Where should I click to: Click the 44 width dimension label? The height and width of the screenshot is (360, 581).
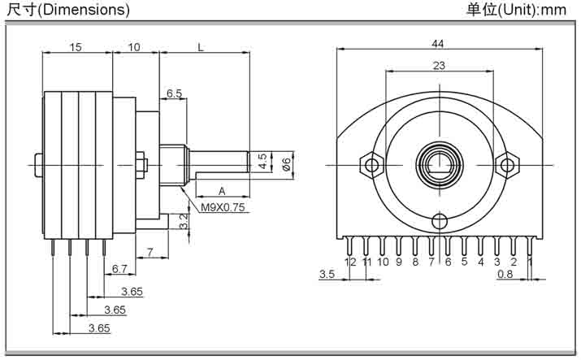coord(438,42)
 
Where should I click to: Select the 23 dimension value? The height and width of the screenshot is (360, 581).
coord(438,66)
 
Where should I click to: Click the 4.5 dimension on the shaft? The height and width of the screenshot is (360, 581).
coord(262,161)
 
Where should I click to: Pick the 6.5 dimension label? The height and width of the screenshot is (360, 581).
coord(174,93)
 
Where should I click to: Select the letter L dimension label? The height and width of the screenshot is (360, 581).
coord(200,47)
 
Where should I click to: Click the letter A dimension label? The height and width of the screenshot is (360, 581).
coord(221,190)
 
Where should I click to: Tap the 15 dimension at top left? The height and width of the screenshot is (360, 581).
coord(75,47)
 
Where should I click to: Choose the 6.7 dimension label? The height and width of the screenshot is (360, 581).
coord(119,268)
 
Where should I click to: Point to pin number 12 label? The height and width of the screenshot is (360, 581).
coord(350,262)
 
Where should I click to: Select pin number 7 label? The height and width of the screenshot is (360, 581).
coord(431,262)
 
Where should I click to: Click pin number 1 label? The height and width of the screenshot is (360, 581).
coord(530,262)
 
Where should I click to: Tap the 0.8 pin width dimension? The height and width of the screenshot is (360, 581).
coord(505,274)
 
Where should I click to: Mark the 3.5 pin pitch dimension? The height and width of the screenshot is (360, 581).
coord(327,274)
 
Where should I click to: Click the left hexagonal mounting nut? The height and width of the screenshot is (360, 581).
coord(372,165)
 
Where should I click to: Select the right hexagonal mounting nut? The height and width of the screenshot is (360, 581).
coord(507,165)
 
